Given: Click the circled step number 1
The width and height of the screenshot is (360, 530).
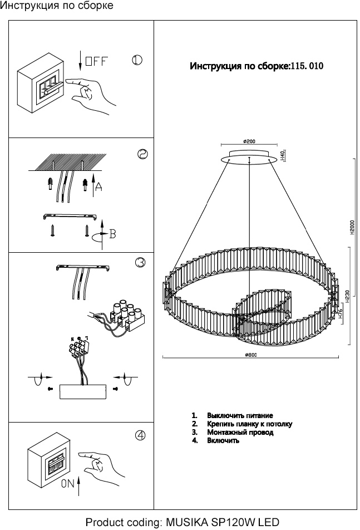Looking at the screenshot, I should [x=137, y=60].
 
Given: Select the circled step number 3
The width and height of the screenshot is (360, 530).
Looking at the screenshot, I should [x=140, y=262].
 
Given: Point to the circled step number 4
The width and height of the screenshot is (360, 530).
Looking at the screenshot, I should [x=140, y=435].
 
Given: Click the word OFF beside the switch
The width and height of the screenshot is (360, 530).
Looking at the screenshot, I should [x=97, y=61].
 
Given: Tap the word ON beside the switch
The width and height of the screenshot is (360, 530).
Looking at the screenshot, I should [x=68, y=484].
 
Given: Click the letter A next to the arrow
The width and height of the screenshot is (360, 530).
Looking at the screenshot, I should [x=98, y=187].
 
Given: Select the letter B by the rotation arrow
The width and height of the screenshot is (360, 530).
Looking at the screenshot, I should [x=112, y=234].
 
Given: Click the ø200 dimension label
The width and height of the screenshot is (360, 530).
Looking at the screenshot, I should [x=249, y=141].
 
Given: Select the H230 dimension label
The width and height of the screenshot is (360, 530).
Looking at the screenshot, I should [x=348, y=295].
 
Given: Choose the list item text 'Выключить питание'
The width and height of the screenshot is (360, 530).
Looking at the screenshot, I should [x=240, y=415].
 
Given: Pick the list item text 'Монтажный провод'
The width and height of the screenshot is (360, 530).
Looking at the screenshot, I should [x=240, y=432].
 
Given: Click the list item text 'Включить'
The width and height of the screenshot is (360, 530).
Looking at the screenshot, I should [x=223, y=440].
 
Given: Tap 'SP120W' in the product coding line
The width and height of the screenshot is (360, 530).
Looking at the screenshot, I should [x=236, y=522].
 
